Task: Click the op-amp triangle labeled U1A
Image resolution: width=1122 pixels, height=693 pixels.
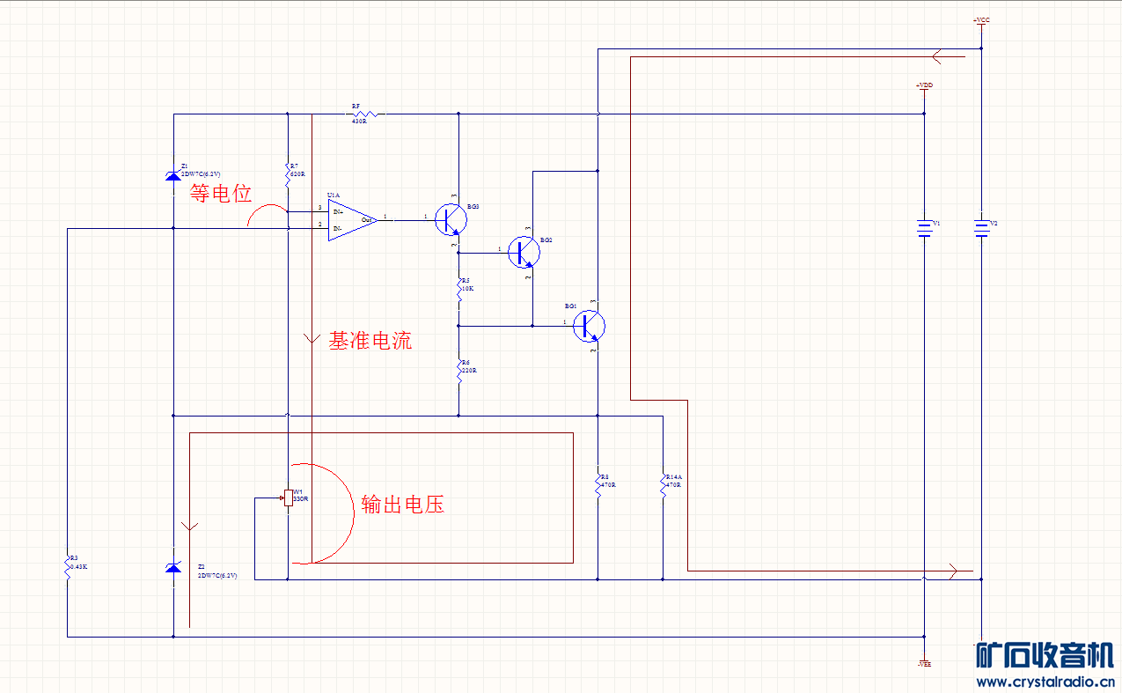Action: pyautogui.click(x=351, y=220)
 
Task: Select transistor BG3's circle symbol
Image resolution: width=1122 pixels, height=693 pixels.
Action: pyautogui.click(x=451, y=219)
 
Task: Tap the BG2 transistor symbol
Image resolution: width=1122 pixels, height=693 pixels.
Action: pyautogui.click(x=524, y=252)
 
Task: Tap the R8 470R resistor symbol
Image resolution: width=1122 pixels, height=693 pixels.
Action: pyautogui.click(x=598, y=486)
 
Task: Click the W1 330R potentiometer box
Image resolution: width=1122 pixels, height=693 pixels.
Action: pyautogui.click(x=288, y=498)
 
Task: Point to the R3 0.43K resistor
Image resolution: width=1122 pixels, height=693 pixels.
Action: pyautogui.click(x=67, y=566)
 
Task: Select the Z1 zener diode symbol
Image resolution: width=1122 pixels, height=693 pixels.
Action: pyautogui.click(x=173, y=176)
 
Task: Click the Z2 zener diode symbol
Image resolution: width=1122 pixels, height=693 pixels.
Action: pyautogui.click(x=173, y=568)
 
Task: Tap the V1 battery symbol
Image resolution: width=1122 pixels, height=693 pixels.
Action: pyautogui.click(x=924, y=228)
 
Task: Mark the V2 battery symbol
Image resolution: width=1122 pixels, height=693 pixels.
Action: pyautogui.click(x=981, y=228)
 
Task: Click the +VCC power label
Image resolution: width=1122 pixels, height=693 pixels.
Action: pyautogui.click(x=981, y=20)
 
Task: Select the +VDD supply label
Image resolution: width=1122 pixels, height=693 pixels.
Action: pyautogui.click(x=924, y=85)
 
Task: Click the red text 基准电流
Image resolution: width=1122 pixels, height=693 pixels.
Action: pyautogui.click(x=370, y=341)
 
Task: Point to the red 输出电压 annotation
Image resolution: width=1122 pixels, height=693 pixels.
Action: pyautogui.click(x=403, y=505)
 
